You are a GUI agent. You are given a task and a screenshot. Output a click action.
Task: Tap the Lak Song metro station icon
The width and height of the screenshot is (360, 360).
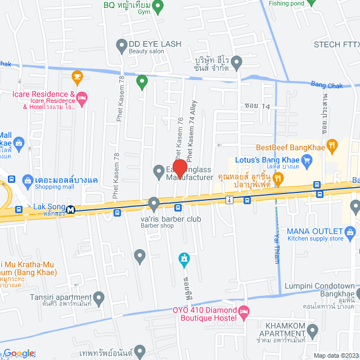71,209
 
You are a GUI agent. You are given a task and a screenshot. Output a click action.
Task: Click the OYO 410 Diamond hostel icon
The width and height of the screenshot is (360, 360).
244,311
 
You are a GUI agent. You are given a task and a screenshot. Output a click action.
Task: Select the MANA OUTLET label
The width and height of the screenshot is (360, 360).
314,231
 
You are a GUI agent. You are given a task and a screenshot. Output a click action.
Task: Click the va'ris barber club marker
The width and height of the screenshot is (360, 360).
154,202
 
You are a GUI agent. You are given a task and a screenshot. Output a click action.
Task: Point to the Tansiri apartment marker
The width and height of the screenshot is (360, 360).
99,296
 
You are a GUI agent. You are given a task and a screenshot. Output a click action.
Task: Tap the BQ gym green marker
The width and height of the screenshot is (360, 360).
159,7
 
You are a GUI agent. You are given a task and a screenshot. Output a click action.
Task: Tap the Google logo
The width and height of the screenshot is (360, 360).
19,353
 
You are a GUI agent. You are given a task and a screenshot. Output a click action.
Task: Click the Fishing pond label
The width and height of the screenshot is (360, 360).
286,3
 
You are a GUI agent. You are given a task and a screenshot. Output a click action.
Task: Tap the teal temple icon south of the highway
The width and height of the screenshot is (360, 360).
183,259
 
